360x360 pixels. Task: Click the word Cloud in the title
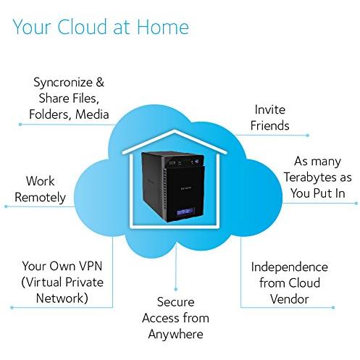pos(82,27)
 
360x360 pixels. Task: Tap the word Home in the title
pos(163,27)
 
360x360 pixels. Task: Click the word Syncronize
pos(63,83)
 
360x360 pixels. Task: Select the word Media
pos(92,114)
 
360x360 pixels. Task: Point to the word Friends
pos(269,125)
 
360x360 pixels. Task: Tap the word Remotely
pos(40,198)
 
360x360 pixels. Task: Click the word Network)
pos(62,298)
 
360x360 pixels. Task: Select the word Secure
pos(175,302)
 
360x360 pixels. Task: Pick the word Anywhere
pos(175,335)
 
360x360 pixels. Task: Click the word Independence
pos(289,267)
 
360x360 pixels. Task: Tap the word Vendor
pos(289,299)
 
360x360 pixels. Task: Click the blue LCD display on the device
pos(185,212)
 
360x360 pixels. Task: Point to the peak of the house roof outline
pos(175,130)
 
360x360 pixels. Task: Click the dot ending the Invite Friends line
pos(308,135)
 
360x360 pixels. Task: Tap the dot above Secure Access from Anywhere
pos(175,289)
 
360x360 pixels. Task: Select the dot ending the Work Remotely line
pos(6,206)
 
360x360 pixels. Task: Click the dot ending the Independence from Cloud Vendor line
pos(333,308)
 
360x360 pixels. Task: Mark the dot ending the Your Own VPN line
pos(12,308)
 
